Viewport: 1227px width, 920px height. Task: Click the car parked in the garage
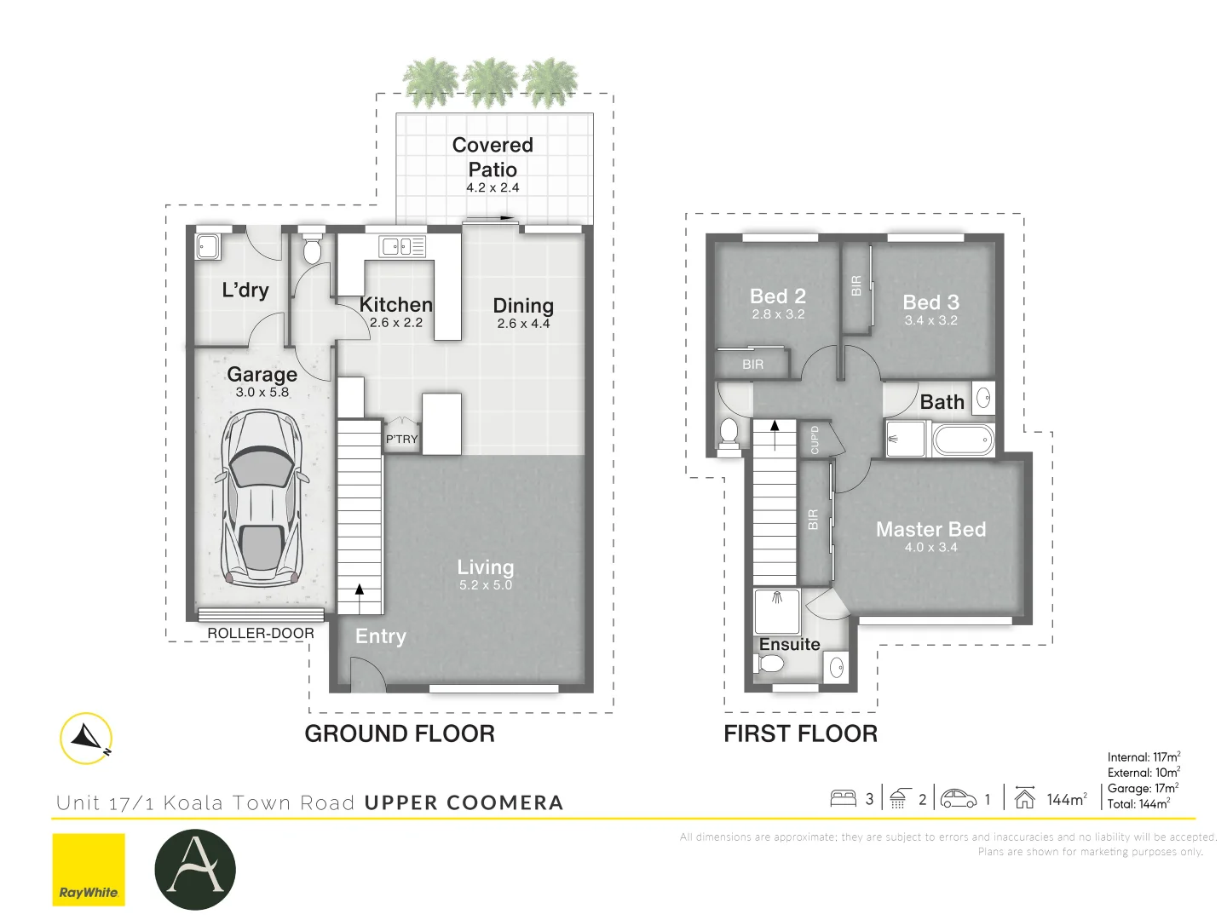pos(262,499)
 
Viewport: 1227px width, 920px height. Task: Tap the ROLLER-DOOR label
pos(261,634)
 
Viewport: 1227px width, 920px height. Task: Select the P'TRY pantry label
pos(401,440)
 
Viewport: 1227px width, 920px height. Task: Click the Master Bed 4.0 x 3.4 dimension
pos(930,548)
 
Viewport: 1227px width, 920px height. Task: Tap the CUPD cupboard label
pos(815,440)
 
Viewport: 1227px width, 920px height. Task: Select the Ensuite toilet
pos(771,661)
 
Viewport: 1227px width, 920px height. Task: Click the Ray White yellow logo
pos(89,870)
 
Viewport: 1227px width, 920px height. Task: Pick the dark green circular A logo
pos(195,870)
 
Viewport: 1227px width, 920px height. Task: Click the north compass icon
pos(87,738)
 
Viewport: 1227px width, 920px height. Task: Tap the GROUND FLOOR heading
pos(400,733)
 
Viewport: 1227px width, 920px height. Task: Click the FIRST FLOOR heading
pos(800,733)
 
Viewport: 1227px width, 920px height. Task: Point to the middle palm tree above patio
pos(491,82)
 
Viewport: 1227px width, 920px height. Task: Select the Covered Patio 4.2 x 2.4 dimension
pos(493,188)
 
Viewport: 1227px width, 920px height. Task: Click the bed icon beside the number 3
pos(843,798)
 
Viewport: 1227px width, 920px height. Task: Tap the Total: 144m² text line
pos(1138,804)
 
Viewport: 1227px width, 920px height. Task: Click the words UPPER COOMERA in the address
pos(464,803)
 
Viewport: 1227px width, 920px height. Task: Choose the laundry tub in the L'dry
pos(208,247)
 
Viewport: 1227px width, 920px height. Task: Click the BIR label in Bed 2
pos(752,365)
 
